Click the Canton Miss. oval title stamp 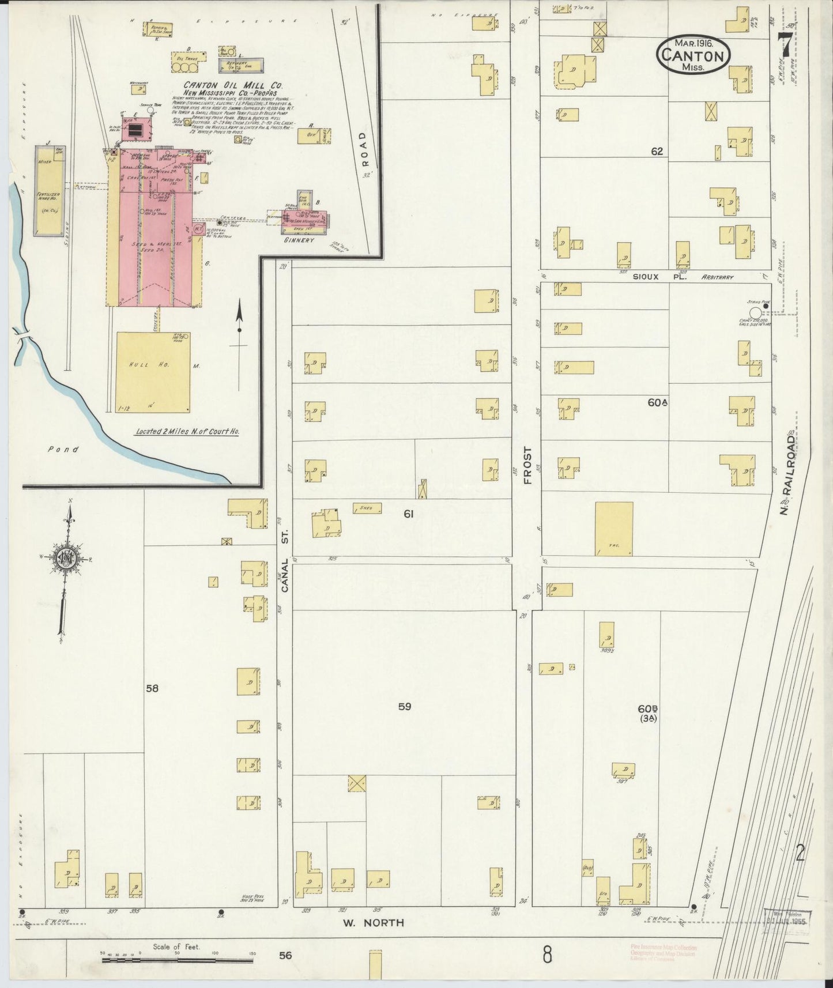(692, 55)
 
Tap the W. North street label (373, 923)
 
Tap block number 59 (405, 706)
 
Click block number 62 (657, 152)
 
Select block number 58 (152, 688)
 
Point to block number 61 (408, 513)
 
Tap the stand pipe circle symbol (754, 312)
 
